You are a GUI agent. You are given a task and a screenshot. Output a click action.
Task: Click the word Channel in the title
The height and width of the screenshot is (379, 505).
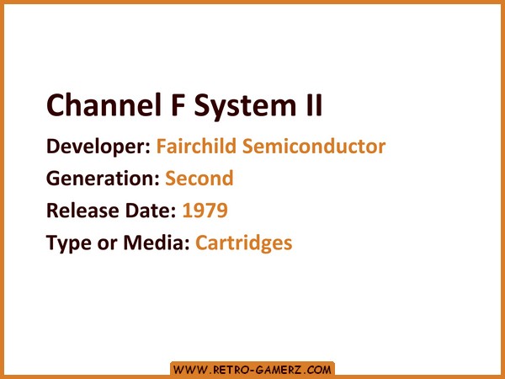104,104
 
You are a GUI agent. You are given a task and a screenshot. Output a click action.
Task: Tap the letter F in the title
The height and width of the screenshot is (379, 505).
178,104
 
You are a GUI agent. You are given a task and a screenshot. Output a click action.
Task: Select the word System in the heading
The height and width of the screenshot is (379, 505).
245,107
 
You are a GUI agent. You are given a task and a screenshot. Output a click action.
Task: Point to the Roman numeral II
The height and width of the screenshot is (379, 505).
314,104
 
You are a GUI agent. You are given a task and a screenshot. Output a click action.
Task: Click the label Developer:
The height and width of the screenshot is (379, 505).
98,147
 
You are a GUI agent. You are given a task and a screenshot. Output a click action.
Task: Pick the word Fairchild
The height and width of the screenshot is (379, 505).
197,146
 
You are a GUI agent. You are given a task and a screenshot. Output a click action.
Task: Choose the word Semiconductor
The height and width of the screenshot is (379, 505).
314,146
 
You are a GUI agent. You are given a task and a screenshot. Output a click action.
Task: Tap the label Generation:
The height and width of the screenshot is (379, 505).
103,179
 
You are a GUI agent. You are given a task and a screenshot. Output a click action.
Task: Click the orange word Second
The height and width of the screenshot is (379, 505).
199,179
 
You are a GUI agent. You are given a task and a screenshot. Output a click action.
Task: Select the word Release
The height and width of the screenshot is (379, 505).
82,211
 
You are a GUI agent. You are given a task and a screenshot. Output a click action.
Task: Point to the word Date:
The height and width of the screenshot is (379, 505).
151,211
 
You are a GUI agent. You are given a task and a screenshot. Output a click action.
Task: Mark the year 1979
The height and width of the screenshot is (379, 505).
205,211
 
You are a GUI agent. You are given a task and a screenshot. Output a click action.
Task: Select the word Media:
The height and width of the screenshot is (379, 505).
157,243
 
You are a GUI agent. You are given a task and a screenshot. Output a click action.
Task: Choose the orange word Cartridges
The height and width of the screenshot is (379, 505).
244,243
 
